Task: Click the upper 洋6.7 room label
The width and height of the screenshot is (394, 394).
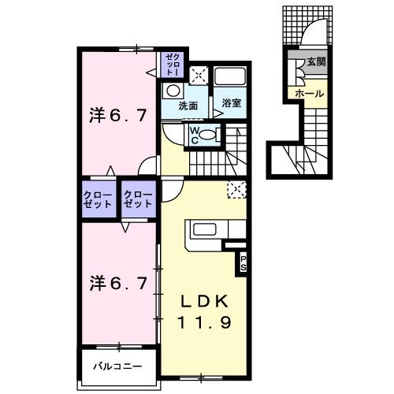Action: [x=117, y=117]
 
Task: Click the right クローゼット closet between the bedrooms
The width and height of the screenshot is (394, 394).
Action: [x=138, y=199]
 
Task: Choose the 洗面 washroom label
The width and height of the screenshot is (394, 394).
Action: [x=187, y=106]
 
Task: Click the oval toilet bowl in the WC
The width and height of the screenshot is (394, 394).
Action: [x=206, y=136]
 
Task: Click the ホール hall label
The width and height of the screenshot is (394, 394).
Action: [x=308, y=93]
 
